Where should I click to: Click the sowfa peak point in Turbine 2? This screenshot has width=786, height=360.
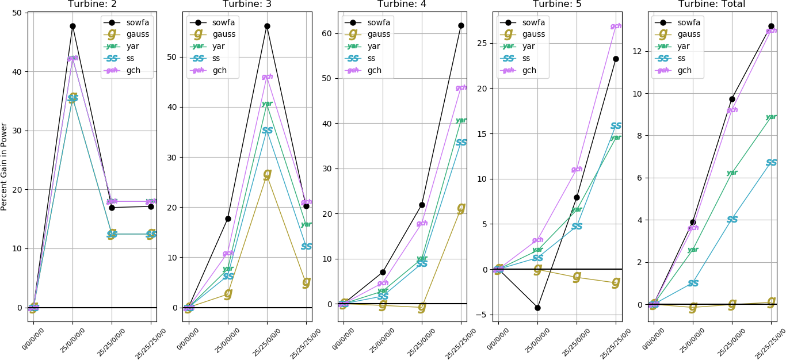click(x=73, y=26)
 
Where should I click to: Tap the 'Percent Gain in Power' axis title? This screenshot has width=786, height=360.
click(x=5, y=166)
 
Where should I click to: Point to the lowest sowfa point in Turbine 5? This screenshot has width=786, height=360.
click(x=537, y=308)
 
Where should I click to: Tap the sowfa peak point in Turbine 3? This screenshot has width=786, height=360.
click(x=267, y=26)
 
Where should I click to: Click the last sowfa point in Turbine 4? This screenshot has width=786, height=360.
click(x=461, y=25)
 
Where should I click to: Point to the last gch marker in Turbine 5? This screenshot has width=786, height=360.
click(x=616, y=26)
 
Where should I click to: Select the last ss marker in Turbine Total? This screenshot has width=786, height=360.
click(x=771, y=163)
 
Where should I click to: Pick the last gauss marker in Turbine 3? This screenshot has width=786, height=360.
click(x=306, y=282)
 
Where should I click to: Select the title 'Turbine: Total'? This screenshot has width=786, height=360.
click(x=711, y=4)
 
